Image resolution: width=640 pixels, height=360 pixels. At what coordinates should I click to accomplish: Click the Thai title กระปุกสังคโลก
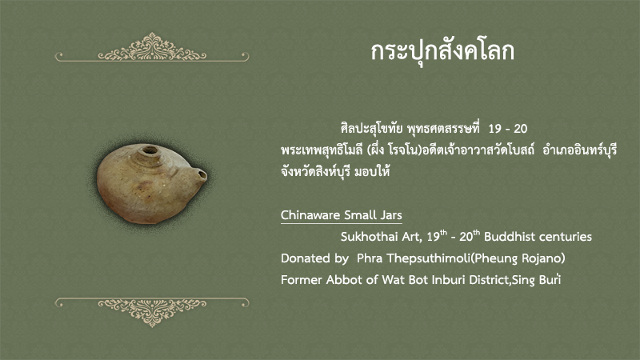coord(442,52)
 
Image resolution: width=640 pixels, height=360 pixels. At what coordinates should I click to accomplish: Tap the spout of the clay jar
coord(199,174)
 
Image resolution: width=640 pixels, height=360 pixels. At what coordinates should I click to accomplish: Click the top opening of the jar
coord(150,150)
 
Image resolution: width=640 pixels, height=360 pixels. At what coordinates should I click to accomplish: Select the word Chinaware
coord(310,215)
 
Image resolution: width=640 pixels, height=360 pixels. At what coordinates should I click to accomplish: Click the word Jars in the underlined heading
coord(391,215)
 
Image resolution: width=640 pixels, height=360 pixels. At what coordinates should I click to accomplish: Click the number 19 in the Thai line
coord(494,129)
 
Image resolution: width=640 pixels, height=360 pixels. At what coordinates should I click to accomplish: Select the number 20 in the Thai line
coord(521,129)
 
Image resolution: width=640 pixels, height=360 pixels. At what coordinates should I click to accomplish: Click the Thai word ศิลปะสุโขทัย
coord(372,129)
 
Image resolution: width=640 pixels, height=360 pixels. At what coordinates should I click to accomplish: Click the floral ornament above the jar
coord(152,47)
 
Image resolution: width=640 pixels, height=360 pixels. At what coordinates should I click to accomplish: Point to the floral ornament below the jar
coord(152,312)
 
